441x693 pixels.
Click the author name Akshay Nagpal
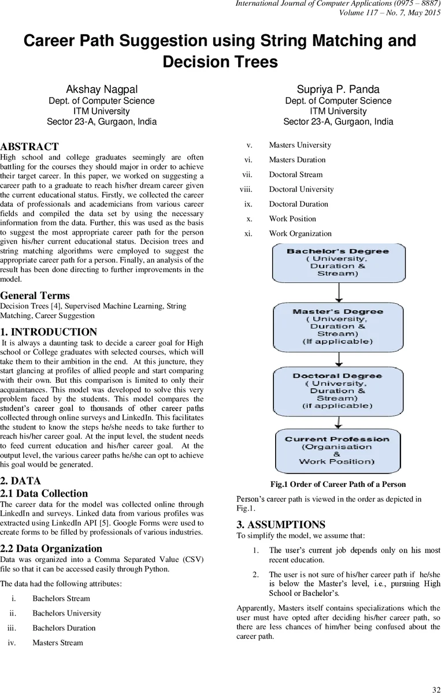(102, 89)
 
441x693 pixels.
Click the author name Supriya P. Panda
(338, 89)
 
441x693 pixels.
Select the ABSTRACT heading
(29, 147)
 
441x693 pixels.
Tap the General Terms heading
(35, 296)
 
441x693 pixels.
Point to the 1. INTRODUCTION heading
(49, 332)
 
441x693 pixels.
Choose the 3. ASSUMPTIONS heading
(281, 524)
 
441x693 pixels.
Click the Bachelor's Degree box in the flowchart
(338, 263)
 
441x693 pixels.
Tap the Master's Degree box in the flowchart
(338, 326)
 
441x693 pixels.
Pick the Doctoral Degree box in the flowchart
(338, 391)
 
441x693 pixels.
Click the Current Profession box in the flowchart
(338, 450)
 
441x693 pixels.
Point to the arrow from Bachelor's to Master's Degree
(339, 293)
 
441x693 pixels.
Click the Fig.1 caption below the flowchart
(338, 484)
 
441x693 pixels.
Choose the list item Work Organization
(300, 233)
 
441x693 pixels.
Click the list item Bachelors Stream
(61, 598)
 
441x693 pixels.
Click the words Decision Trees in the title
(220, 61)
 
